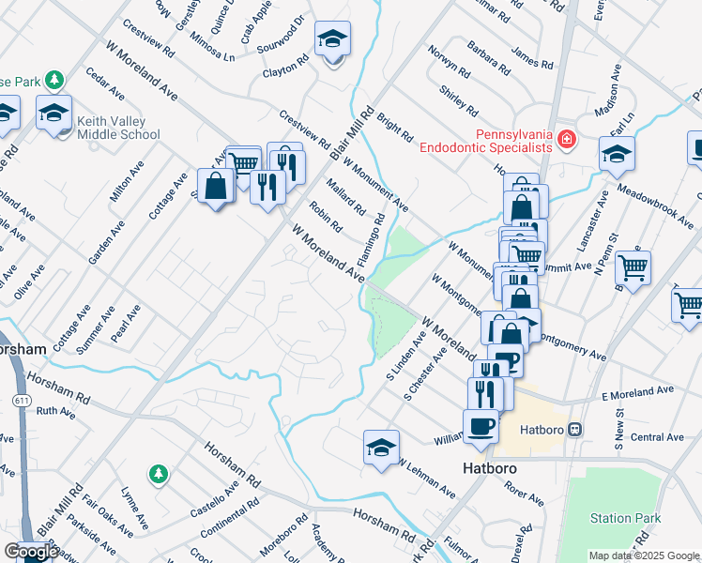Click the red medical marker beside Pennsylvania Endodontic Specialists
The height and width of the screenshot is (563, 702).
tap(566, 140)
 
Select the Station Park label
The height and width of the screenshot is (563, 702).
tap(626, 518)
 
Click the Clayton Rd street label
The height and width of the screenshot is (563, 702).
tap(286, 70)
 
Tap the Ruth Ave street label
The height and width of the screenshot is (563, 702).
tap(55, 411)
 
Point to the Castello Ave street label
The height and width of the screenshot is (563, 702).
tap(217, 504)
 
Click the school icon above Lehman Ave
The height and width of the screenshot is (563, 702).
tap(382, 448)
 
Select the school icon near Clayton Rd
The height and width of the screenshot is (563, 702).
tap(332, 39)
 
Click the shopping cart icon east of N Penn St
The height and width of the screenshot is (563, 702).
tap(633, 266)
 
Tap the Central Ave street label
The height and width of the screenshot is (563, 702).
tap(657, 437)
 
